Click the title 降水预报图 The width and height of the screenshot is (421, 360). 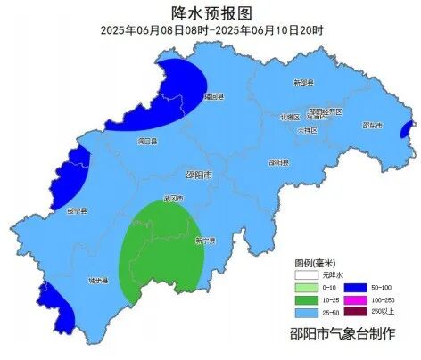[211, 12]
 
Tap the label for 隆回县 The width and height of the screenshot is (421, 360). [213, 96]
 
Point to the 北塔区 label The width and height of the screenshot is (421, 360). [289, 117]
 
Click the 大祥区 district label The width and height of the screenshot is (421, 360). [308, 130]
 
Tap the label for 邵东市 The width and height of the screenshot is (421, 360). [373, 126]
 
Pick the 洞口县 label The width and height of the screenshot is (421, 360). [148, 142]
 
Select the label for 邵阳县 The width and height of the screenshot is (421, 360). [279, 162]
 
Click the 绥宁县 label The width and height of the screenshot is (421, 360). [78, 211]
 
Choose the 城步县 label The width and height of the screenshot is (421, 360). [97, 281]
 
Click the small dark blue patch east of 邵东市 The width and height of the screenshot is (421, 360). [406, 131]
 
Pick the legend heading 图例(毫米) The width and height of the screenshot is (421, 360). [316, 264]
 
